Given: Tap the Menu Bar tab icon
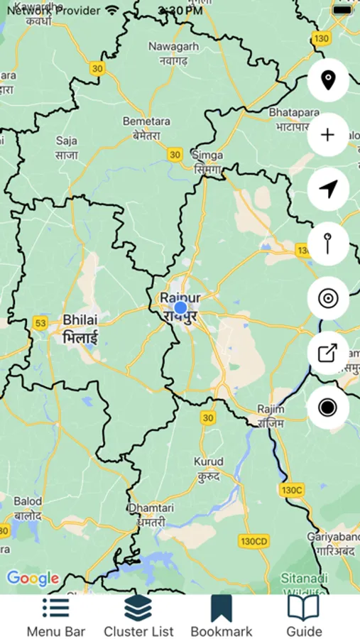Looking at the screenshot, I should pos(55,608).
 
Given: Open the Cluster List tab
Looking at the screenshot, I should pos(138,608).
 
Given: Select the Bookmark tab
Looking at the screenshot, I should pos(222,608).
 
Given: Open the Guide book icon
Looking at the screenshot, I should pos(304,608).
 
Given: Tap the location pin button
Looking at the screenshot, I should pos(327,80).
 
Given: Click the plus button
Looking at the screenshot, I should pos(327,135).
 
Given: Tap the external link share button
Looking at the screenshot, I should pos(327,353).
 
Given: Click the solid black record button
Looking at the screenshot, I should pos(327,408).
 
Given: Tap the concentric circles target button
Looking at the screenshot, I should pos(327,298).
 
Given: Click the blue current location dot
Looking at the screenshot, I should pos(180,308).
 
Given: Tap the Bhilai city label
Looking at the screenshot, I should pos(80,328).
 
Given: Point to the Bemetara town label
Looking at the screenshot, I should pos(146,129).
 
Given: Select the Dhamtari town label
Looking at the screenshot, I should pos(146,515).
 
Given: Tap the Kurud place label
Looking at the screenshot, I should pos(208,468).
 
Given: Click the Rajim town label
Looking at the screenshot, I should pos(271,415).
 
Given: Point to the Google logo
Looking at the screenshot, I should pos(33,579).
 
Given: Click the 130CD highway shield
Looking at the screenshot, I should pos(253,542).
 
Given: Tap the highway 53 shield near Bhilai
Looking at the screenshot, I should pos(40,324).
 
